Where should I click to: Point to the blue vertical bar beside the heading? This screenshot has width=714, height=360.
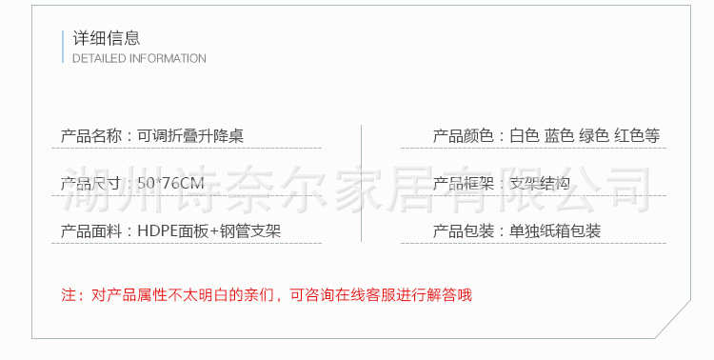click(x=63, y=46)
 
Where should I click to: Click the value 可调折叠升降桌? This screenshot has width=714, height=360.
click(x=190, y=136)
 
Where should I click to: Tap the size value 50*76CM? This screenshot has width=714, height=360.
click(x=169, y=184)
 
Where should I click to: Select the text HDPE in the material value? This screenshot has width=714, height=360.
click(x=155, y=231)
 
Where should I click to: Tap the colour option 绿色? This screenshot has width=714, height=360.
click(x=594, y=136)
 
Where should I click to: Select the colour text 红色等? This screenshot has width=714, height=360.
click(x=637, y=136)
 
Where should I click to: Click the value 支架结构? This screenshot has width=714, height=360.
click(x=539, y=184)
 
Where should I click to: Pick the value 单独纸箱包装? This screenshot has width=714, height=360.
click(x=556, y=231)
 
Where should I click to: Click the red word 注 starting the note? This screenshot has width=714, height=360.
click(x=68, y=295)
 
